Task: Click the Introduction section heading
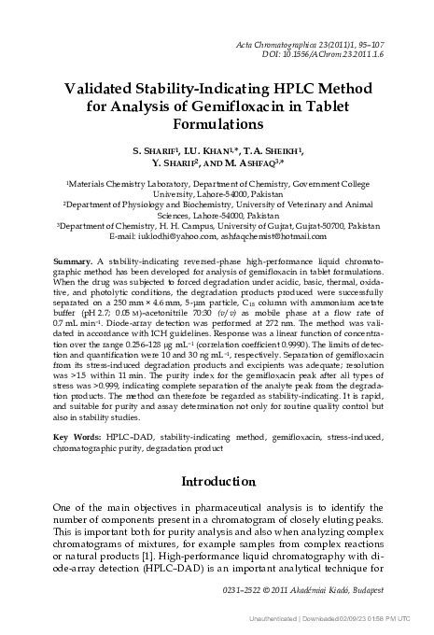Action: (217, 482)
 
